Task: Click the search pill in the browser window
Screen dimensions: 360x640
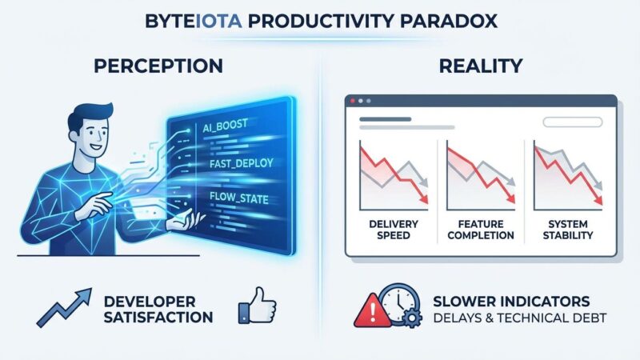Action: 570,122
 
